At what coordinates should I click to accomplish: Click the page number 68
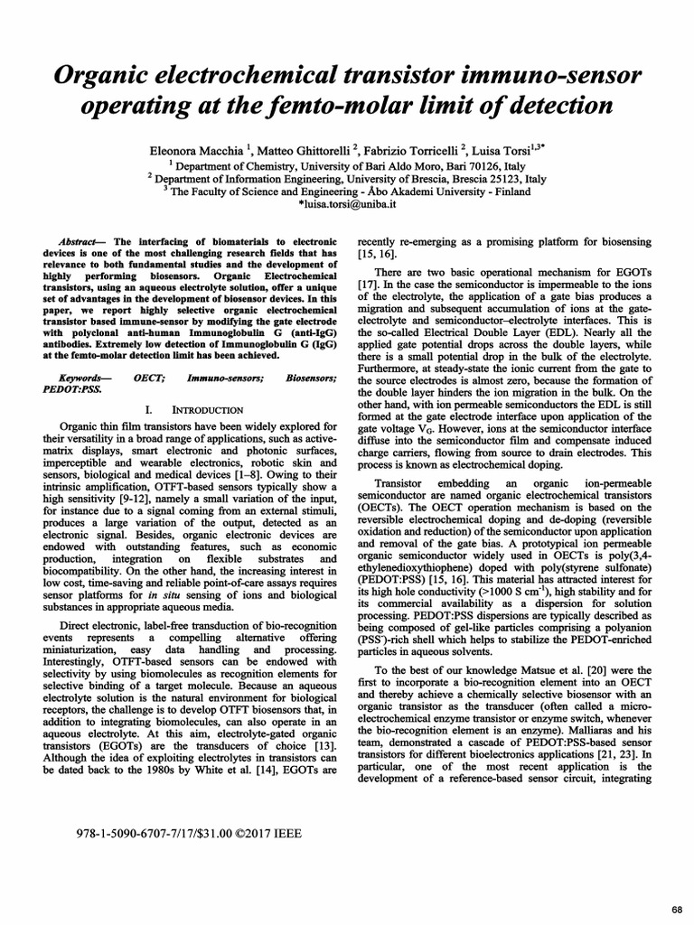tap(676, 907)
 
